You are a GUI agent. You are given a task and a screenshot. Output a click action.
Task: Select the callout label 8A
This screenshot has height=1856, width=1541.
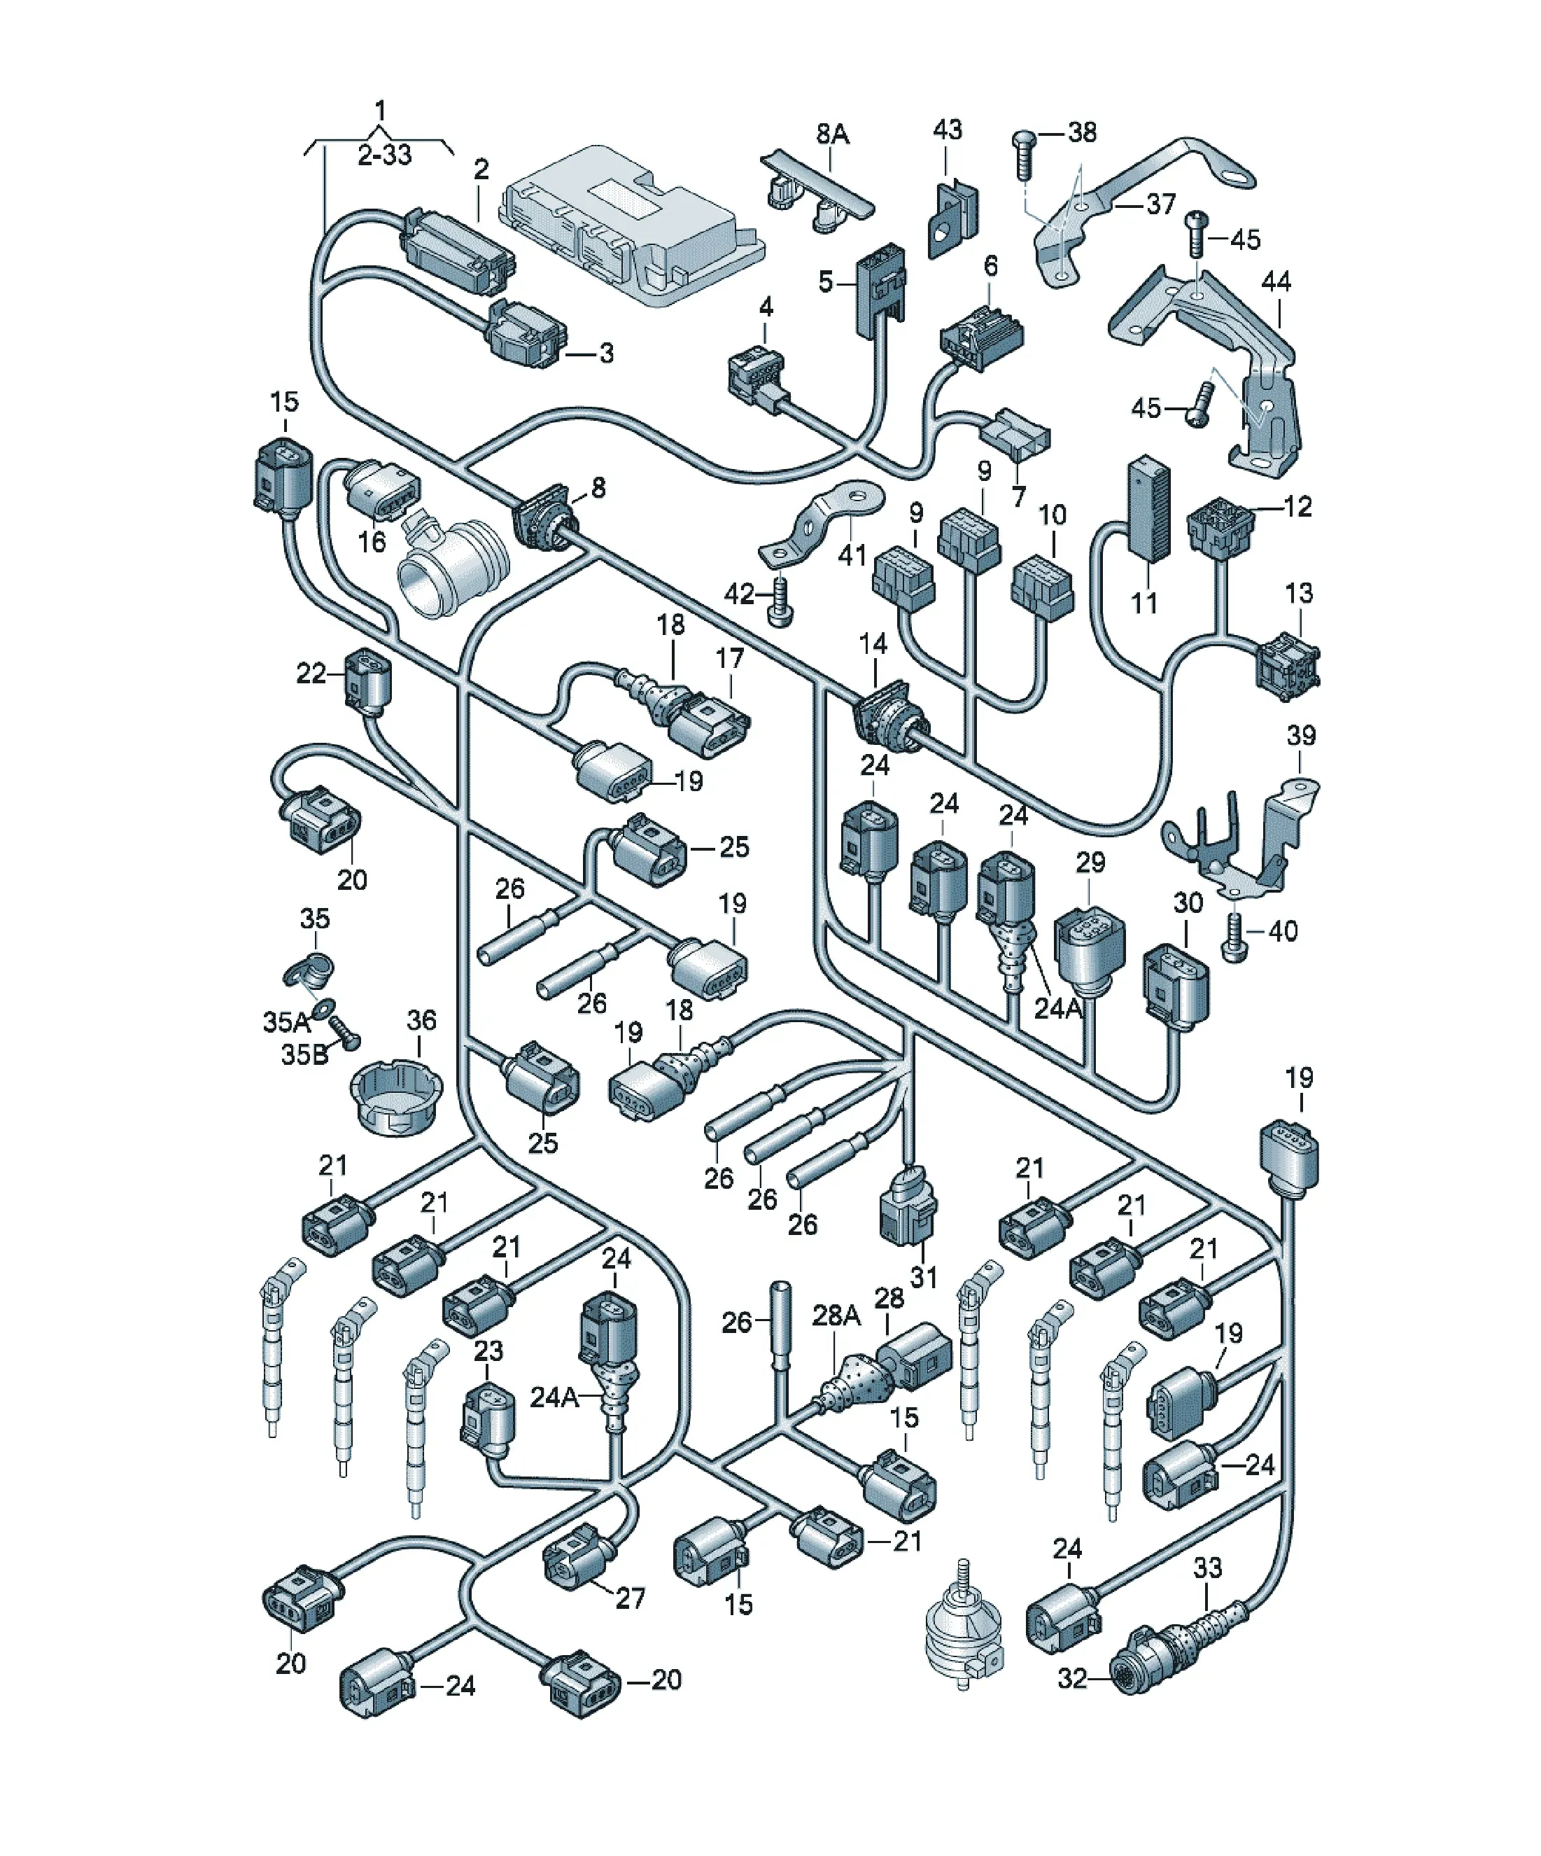tap(832, 134)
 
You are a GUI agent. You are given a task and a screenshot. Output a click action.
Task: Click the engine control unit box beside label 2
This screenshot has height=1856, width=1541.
tap(632, 225)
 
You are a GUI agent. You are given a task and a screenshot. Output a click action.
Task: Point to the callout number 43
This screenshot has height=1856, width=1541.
tap(948, 130)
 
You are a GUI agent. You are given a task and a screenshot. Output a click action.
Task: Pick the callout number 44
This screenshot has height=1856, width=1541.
tap(1276, 282)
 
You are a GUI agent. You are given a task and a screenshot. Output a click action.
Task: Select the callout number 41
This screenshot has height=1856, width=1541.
tap(852, 555)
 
